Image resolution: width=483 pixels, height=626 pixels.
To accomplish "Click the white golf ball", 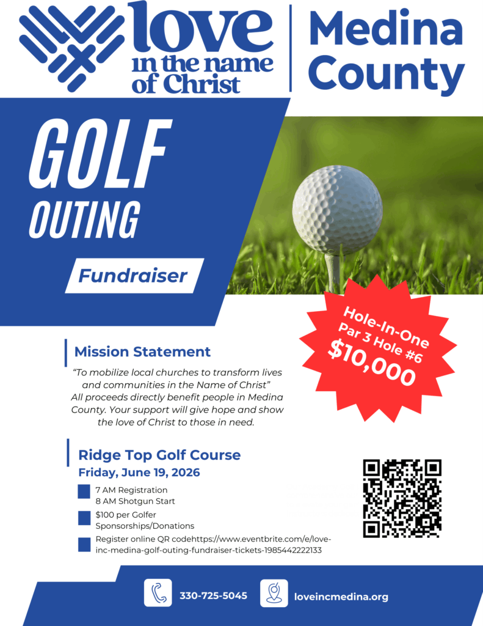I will click(337, 210).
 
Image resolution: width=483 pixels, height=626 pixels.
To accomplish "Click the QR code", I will click(402, 498).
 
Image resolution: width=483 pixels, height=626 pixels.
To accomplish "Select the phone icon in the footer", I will click(158, 593).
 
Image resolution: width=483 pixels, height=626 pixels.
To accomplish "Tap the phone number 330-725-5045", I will click(213, 595).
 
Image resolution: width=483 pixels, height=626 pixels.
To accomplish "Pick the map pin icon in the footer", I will click(274, 593).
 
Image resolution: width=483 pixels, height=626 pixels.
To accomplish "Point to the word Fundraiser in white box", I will click(133, 276).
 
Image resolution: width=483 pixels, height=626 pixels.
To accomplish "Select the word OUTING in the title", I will click(84, 219).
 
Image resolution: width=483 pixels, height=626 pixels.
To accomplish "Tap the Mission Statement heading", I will click(142, 352).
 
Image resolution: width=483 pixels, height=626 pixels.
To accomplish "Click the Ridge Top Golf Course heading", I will click(159, 455).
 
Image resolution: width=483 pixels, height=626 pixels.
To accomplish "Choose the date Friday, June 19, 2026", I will click(139, 473).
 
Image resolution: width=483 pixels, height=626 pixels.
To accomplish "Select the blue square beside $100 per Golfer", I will click(84, 518).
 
